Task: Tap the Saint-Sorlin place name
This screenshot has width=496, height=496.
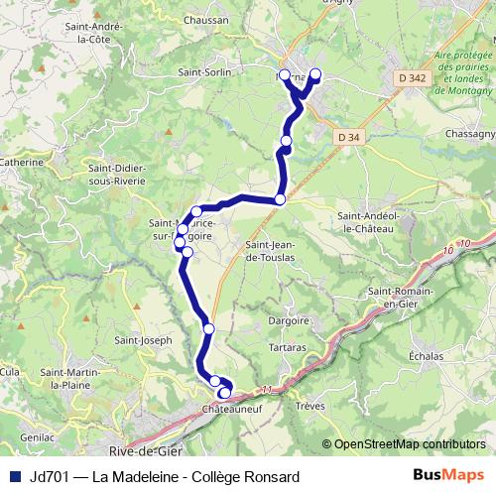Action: (x=204, y=71)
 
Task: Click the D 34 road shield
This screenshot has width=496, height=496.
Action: (x=348, y=137)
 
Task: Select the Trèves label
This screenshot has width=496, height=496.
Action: (x=310, y=406)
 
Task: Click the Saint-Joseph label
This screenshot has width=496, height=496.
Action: (x=144, y=340)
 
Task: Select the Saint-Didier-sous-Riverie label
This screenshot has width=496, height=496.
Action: (x=116, y=176)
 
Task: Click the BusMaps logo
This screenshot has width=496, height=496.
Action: (x=449, y=475)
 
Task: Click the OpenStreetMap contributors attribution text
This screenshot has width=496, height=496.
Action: (x=411, y=443)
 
